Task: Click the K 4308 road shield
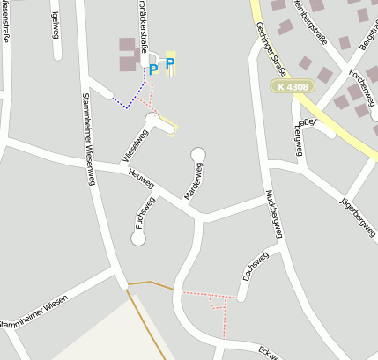(291, 86)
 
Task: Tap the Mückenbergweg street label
(272, 216)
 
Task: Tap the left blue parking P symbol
(152, 69)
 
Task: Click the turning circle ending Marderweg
(198, 154)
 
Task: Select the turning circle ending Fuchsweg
(138, 238)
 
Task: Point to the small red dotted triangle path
(214, 302)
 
